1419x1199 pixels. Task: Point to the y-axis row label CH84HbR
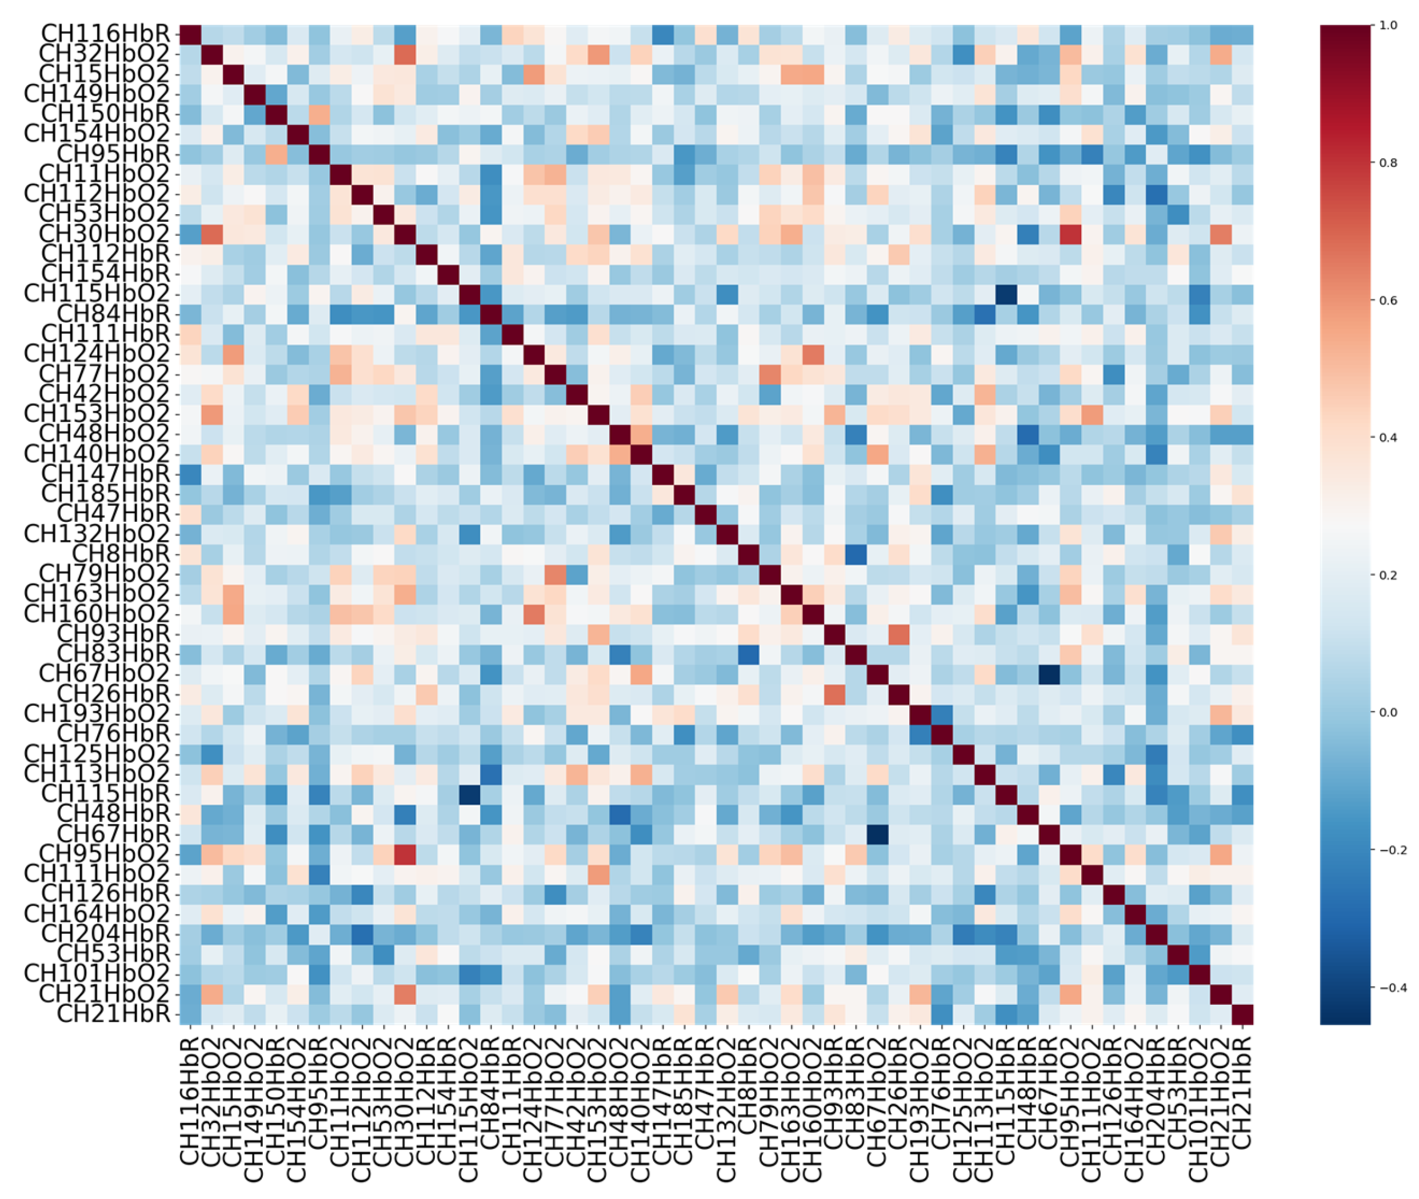click(x=113, y=313)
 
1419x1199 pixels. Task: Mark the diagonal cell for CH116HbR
click(x=190, y=33)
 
